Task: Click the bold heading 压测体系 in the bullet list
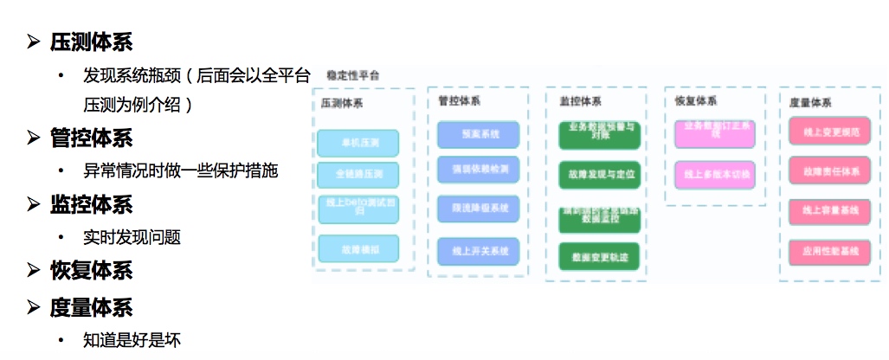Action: (91, 42)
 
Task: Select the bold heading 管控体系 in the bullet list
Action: (91, 138)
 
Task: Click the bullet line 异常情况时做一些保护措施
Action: (180, 170)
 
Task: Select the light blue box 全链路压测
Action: (358, 175)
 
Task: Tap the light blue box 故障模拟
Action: (358, 249)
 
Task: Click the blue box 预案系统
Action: (478, 135)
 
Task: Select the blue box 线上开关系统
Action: (478, 252)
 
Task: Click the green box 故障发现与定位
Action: (598, 175)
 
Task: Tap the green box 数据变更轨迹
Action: (598, 256)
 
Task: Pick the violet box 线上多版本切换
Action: (714, 175)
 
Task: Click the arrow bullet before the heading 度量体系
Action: (34, 307)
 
